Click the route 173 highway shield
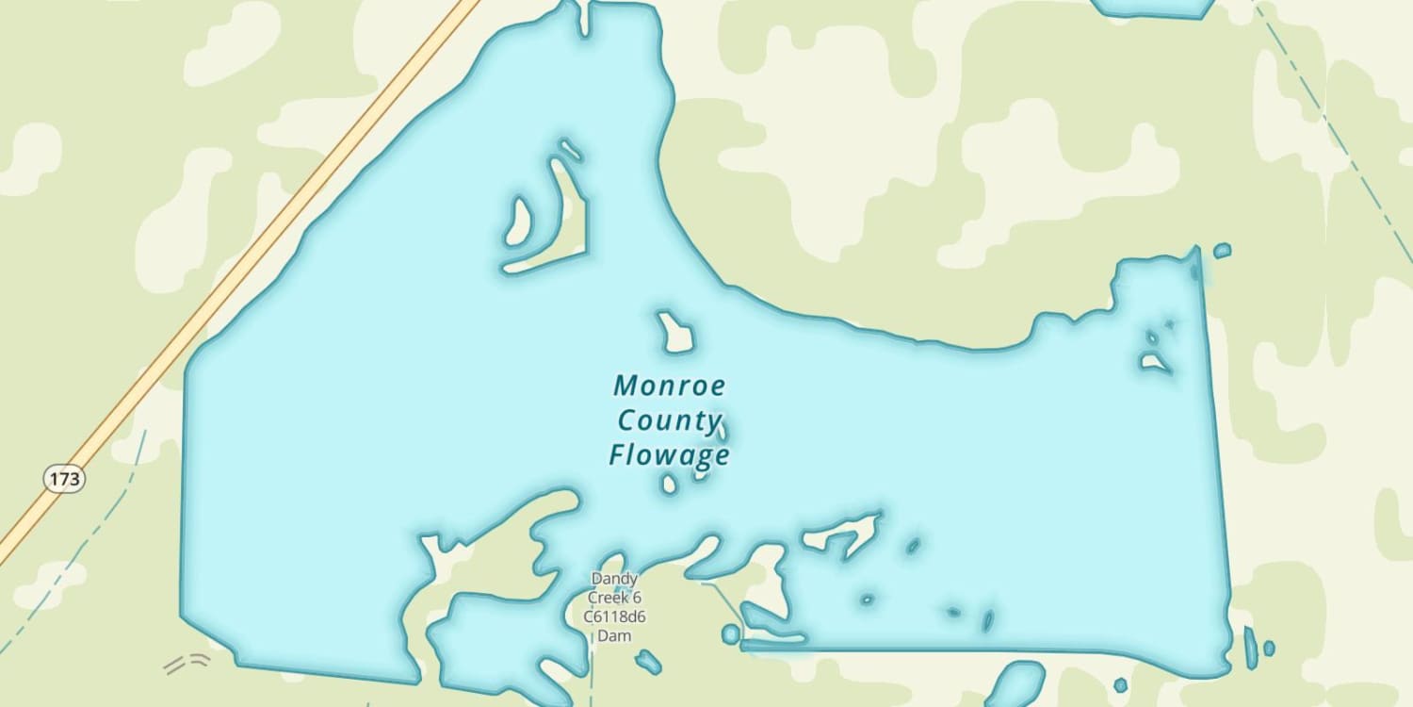[x=64, y=479]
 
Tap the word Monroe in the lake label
[x=670, y=386]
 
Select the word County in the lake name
[x=669, y=420]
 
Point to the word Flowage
[x=669, y=455]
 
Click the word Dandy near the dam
[x=614, y=578]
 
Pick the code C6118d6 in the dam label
[x=614, y=617]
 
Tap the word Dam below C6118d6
[x=614, y=635]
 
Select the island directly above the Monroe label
[x=675, y=333]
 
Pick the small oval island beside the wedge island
[x=518, y=221]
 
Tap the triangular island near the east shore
[x=1154, y=361]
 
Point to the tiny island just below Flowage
[x=669, y=485]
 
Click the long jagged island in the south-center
[x=841, y=534]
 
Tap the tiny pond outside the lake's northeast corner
[x=1222, y=251]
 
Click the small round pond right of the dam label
[x=731, y=634]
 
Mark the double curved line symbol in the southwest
[x=186, y=664]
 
